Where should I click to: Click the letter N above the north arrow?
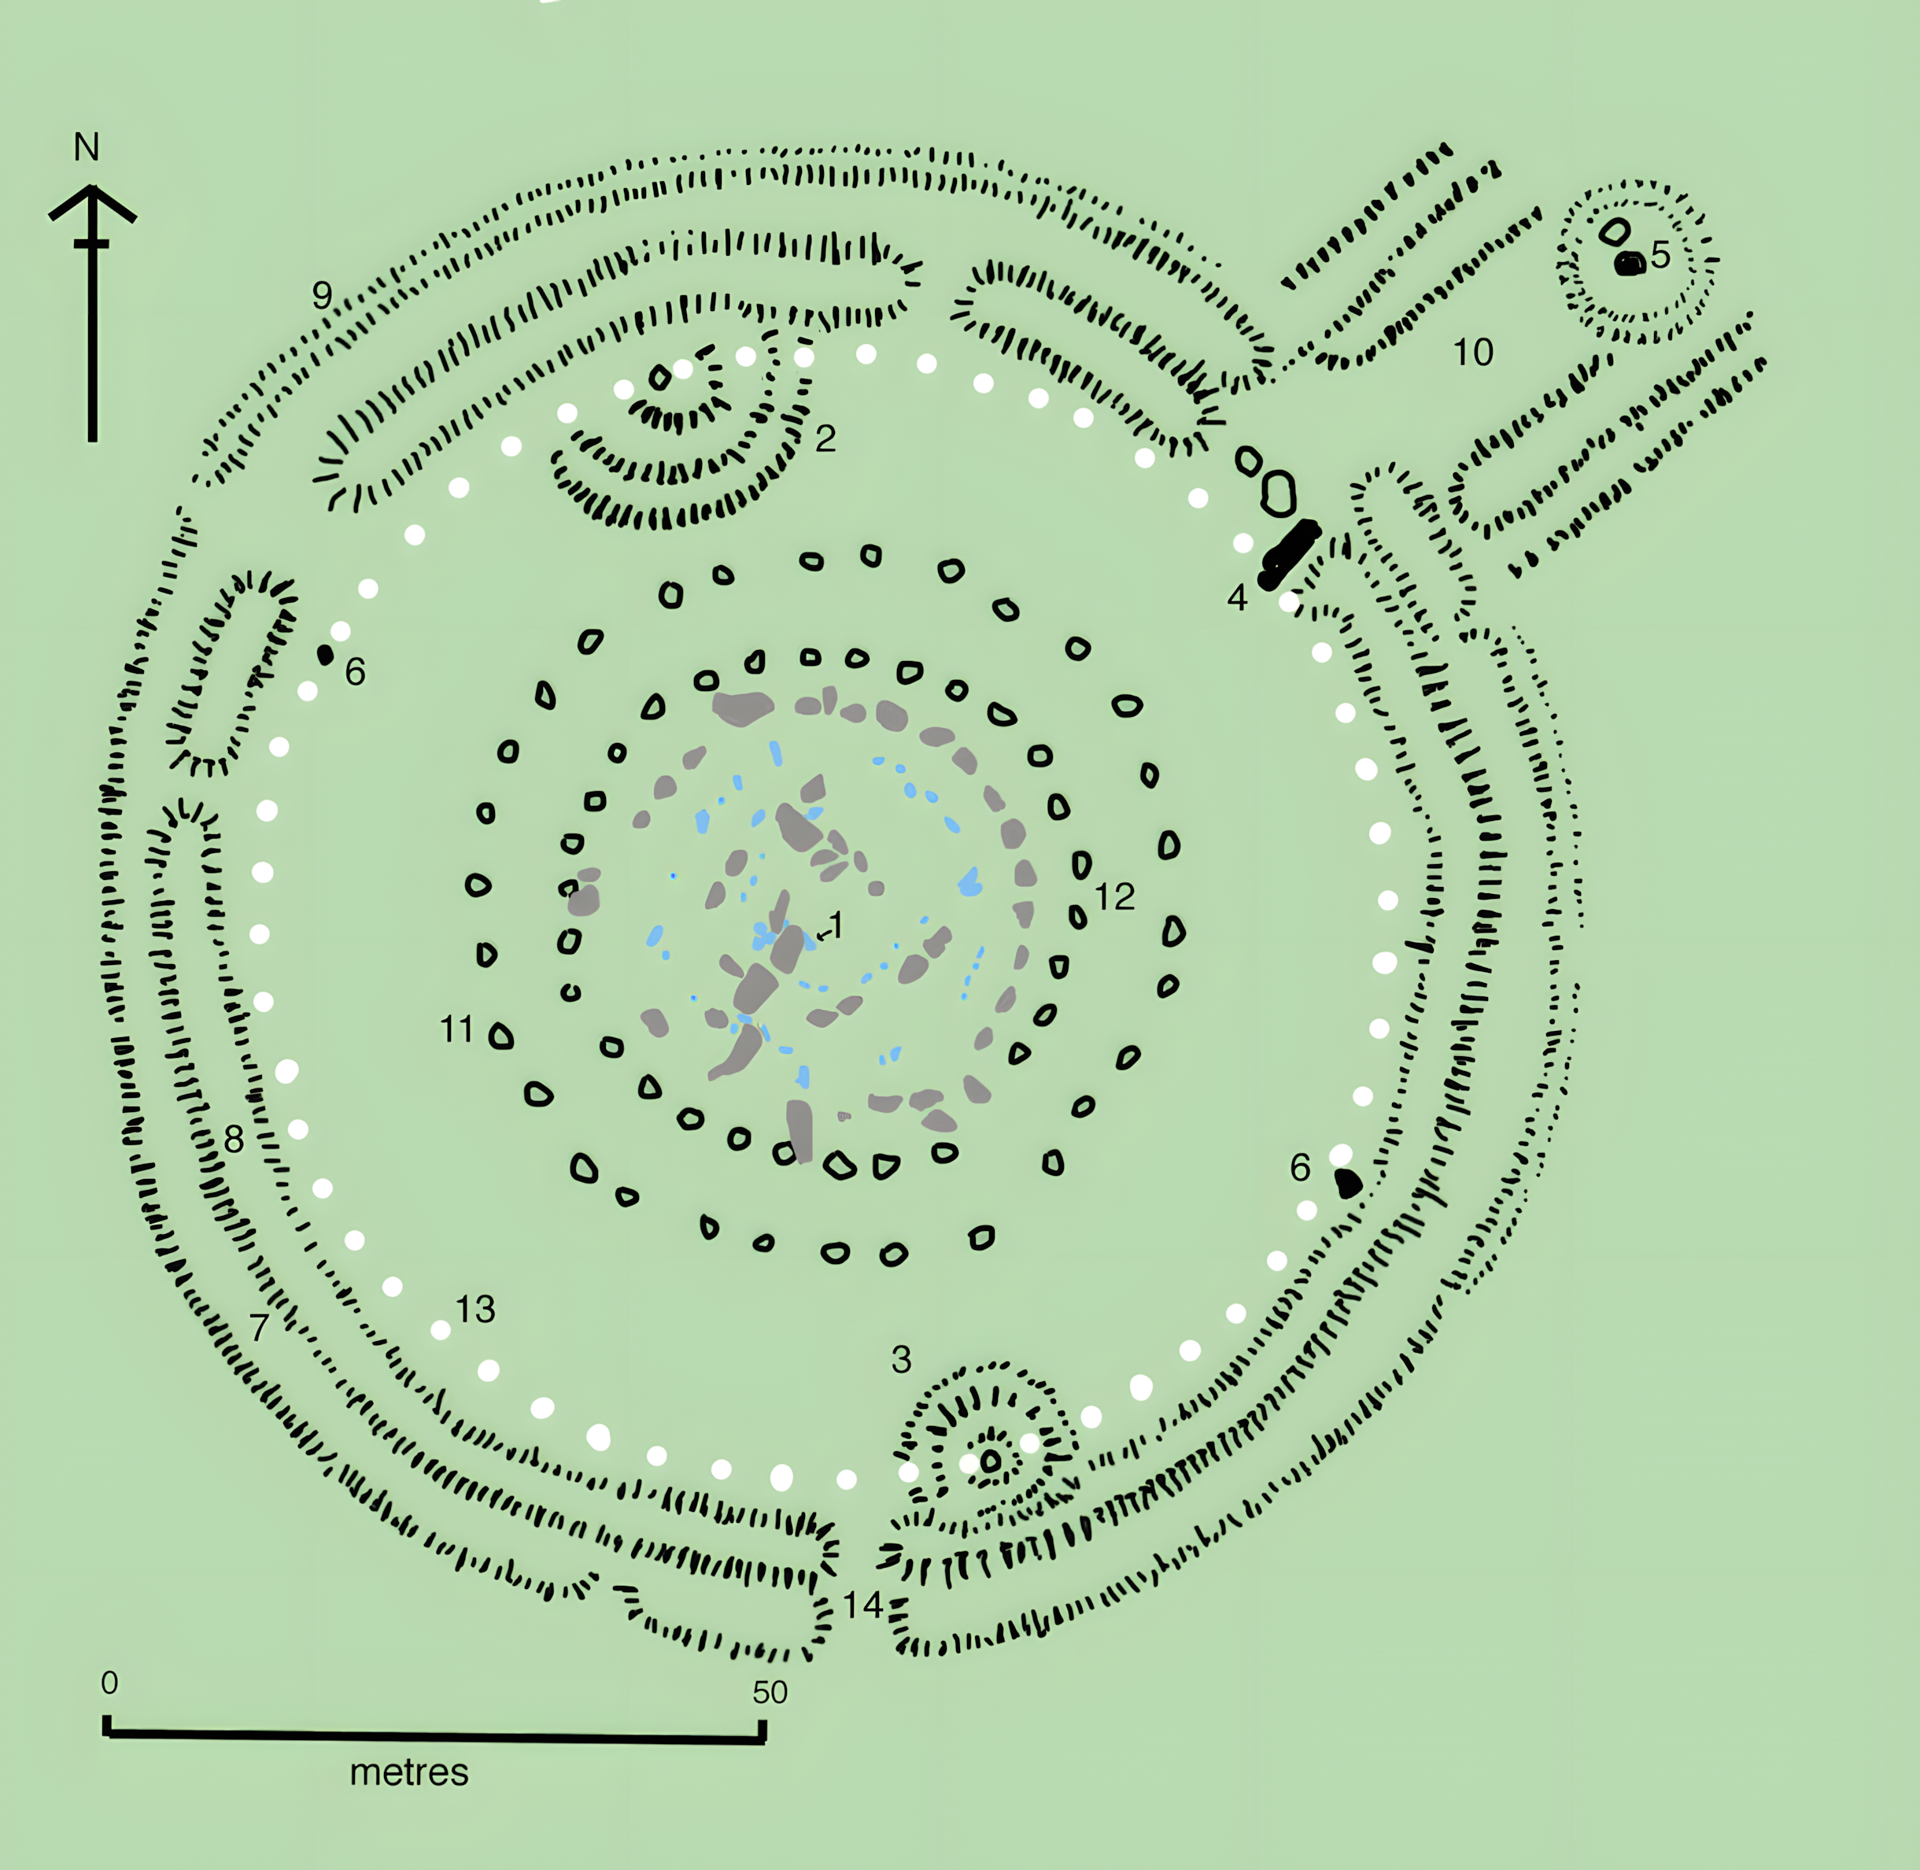[x=87, y=147]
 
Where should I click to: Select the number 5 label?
[x=1660, y=254]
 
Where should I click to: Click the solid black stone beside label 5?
[x=1630, y=263]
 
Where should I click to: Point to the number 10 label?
[x=1473, y=352]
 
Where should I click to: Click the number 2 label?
[x=825, y=438]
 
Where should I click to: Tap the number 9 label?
[x=322, y=294]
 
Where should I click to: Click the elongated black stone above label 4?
[x=1290, y=555]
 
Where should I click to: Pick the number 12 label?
[x=1115, y=896]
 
